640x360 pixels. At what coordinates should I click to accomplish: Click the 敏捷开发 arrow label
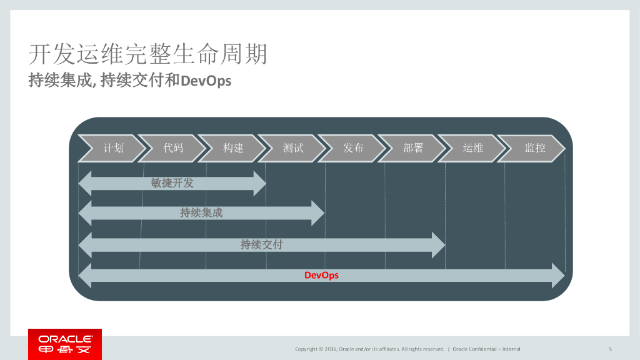coord(172,183)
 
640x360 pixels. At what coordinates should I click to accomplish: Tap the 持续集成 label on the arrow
coord(201,213)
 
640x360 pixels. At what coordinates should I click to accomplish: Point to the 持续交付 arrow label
coord(261,244)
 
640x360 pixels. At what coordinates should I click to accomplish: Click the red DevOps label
coord(321,275)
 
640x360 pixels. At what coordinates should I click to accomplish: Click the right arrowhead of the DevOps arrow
coord(557,276)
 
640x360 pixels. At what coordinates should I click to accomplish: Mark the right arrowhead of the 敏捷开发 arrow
coord(259,183)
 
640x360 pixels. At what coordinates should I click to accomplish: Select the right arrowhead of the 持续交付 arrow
coord(438,244)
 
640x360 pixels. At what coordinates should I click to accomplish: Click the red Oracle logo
coord(65,344)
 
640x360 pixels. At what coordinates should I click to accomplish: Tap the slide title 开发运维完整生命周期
coord(148,54)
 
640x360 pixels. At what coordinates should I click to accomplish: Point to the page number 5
coord(610,349)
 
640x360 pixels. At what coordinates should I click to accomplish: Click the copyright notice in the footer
coord(369,349)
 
